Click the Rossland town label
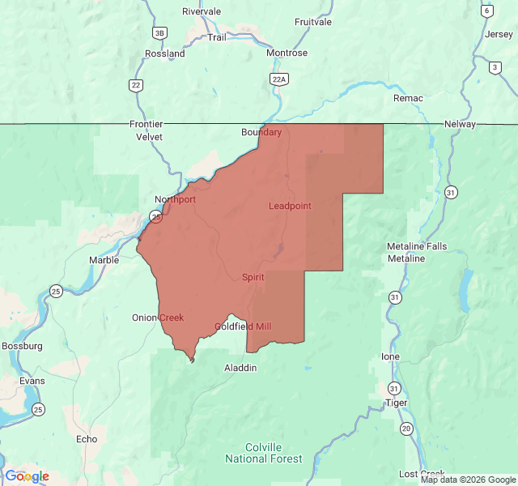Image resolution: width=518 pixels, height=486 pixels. (x=164, y=53)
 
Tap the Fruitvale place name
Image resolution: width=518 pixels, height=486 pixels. (x=313, y=22)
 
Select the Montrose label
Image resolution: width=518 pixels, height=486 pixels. (x=287, y=53)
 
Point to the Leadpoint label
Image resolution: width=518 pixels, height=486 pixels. (x=290, y=206)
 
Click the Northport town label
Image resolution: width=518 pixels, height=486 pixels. (x=175, y=199)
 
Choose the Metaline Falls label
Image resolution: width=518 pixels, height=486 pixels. (x=416, y=246)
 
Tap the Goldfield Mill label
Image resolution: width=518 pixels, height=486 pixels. (x=243, y=326)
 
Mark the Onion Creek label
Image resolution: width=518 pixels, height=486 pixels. (x=158, y=318)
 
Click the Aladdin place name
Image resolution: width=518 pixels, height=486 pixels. (x=240, y=368)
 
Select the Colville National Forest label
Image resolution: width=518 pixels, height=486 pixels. (x=274, y=453)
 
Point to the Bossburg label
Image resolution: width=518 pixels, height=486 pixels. (x=22, y=346)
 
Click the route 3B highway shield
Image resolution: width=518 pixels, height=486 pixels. (x=159, y=32)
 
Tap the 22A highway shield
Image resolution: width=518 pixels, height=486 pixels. (x=279, y=78)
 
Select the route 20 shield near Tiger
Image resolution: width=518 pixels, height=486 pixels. (x=406, y=428)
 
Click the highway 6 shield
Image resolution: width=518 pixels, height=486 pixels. (x=486, y=11)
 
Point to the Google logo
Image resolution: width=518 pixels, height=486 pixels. (x=27, y=476)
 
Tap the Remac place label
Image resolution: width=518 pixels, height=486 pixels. (x=408, y=98)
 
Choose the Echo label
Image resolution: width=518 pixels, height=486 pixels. (x=86, y=439)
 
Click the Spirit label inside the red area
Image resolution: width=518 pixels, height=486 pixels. (x=253, y=277)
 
